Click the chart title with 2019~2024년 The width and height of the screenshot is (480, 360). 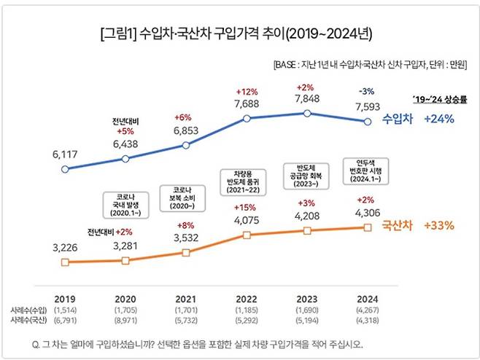pyautogui.click(x=239, y=33)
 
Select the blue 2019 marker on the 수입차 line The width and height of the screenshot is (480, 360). pyautogui.click(x=66, y=170)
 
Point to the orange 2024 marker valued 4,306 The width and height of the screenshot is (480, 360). pyautogui.click(x=367, y=227)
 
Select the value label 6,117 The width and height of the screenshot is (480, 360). pyautogui.click(x=65, y=155)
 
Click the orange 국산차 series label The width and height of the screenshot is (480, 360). pyautogui.click(x=397, y=225)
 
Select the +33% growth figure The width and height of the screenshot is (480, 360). pyautogui.click(x=440, y=225)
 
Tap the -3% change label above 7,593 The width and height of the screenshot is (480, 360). pyautogui.click(x=367, y=91)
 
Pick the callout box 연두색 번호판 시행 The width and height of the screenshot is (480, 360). pyautogui.click(x=367, y=170)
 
